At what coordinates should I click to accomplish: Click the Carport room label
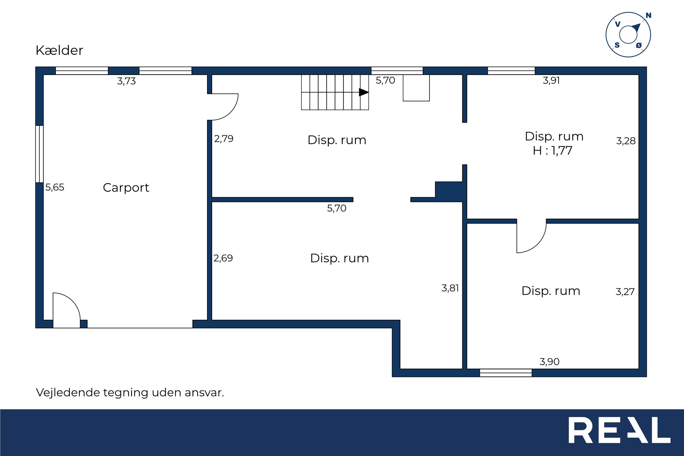click(x=126, y=188)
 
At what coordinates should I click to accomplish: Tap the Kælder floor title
click(x=59, y=50)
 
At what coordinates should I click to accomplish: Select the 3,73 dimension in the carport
click(x=127, y=81)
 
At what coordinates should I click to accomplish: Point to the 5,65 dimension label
click(x=55, y=187)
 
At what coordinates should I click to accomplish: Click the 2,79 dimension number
click(x=224, y=139)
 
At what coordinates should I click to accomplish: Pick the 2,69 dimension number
click(x=223, y=258)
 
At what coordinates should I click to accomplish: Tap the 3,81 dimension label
click(x=450, y=288)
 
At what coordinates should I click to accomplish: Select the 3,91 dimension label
click(x=551, y=80)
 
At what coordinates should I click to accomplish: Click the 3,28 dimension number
click(x=626, y=141)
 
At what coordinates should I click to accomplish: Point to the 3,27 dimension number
click(x=625, y=292)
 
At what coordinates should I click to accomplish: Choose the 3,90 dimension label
click(x=549, y=362)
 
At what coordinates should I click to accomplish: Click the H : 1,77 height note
click(x=552, y=151)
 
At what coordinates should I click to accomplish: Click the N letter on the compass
click(x=648, y=16)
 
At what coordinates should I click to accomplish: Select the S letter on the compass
click(x=617, y=45)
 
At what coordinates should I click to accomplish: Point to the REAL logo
click(x=620, y=430)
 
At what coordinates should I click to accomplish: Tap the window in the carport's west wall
click(x=39, y=154)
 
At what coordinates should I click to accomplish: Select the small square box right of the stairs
click(x=416, y=88)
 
